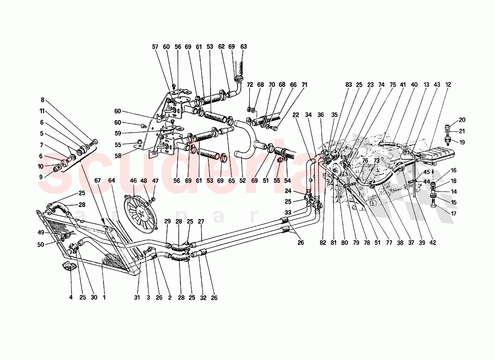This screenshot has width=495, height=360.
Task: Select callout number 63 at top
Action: point(243,46)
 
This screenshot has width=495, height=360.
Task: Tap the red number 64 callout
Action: point(111,181)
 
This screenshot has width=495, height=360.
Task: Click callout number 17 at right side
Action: point(453,214)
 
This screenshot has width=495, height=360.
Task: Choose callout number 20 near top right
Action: point(463,120)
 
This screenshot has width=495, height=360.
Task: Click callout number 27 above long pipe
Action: point(201,221)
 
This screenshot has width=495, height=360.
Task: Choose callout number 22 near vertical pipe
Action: point(296,115)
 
